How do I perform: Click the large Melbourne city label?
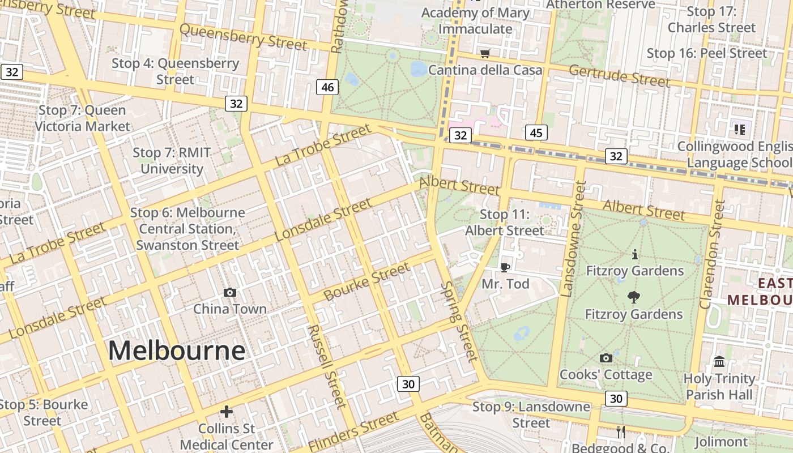click(177, 351)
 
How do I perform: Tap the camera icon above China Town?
click(229, 292)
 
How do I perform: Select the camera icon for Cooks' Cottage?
click(606, 358)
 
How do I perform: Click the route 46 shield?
click(327, 87)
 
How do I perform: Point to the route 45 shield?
click(536, 133)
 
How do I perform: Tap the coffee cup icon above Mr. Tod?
click(505, 267)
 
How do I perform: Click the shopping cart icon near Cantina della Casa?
click(485, 54)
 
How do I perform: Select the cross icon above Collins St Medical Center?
click(227, 412)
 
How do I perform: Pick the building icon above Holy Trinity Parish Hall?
click(719, 361)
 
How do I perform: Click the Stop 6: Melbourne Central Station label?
click(187, 229)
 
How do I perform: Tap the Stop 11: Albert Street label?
click(504, 223)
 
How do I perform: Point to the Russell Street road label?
click(326, 366)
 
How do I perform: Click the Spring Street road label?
click(459, 320)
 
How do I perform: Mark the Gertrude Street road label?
click(619, 76)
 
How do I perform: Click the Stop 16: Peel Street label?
click(707, 53)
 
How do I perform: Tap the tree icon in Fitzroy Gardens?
click(634, 297)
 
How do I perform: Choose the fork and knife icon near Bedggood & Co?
click(621, 432)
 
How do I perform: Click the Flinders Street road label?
click(354, 431)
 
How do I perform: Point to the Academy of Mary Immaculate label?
click(475, 20)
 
